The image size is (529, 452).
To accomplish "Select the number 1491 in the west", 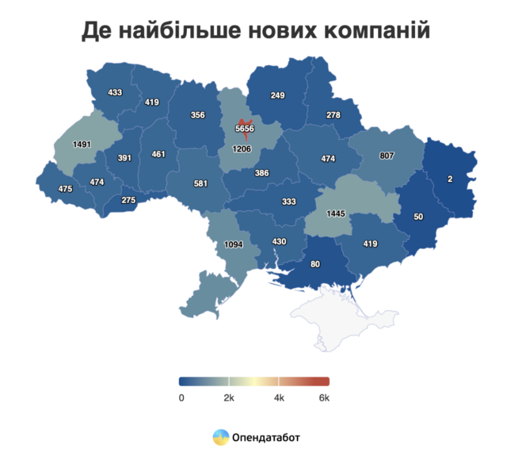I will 81,145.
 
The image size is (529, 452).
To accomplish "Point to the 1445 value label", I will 336,214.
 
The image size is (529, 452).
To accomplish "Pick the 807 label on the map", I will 387,155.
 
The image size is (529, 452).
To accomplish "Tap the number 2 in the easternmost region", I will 450,180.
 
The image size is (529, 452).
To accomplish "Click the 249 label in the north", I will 277,95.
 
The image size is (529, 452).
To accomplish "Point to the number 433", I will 115,92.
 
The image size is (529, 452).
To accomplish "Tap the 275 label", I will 128,200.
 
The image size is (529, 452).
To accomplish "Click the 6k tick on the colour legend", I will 324,398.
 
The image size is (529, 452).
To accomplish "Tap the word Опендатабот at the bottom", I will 266,437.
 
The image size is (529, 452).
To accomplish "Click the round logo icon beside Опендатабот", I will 221,436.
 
